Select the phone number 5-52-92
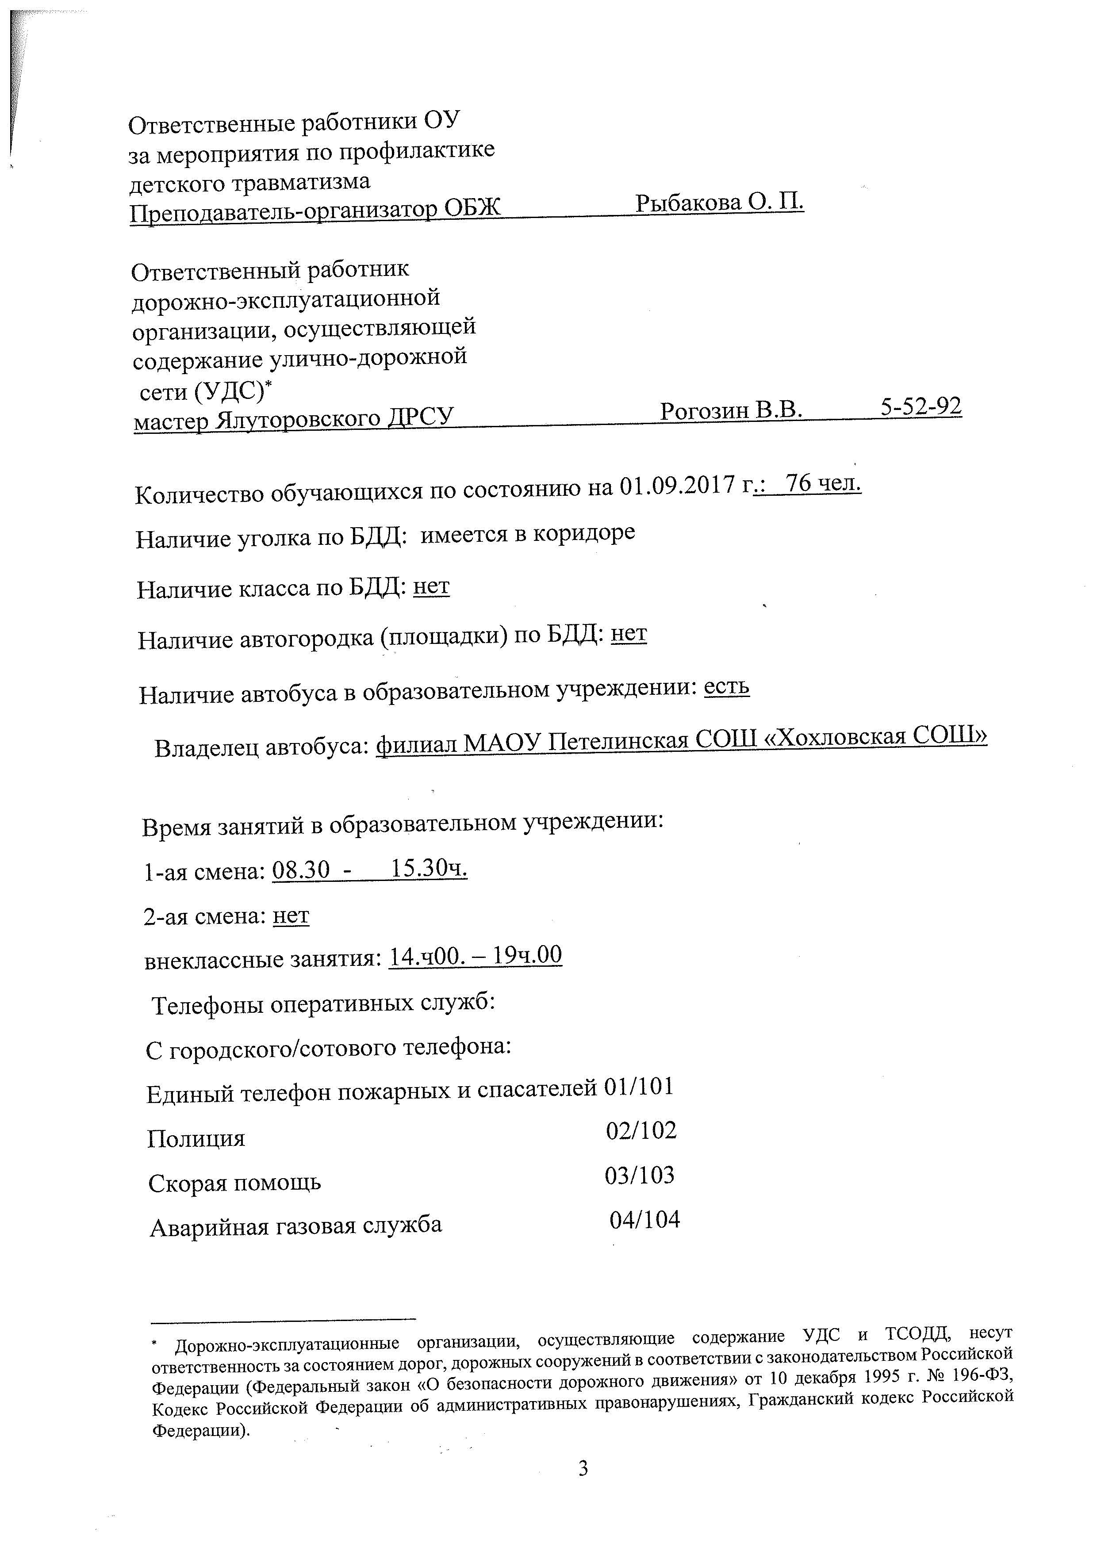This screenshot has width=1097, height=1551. click(921, 406)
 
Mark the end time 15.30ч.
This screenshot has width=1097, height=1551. click(430, 869)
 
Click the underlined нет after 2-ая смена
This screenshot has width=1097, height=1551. click(291, 916)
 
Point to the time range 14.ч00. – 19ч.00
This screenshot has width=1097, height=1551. click(476, 956)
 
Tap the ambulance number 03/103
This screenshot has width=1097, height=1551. click(640, 1176)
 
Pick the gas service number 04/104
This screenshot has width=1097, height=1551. click(644, 1220)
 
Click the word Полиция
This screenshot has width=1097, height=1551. click(196, 1139)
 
